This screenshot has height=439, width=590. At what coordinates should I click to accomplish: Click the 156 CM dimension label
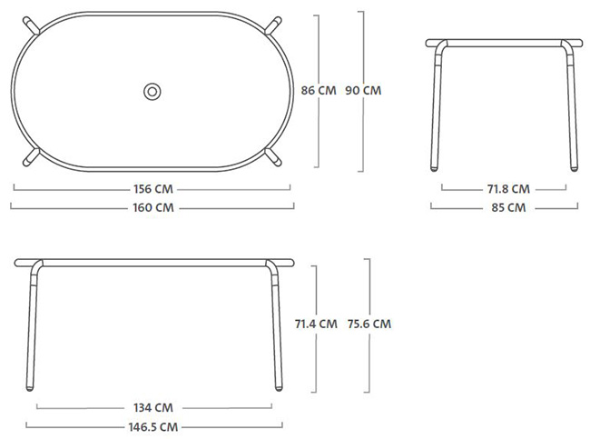point(153,189)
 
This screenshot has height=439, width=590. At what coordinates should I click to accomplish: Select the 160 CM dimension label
point(153,207)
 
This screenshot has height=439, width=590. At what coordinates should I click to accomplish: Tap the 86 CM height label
point(319,91)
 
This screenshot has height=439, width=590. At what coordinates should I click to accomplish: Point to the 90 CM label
point(363,91)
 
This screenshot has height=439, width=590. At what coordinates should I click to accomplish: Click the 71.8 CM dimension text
point(508,189)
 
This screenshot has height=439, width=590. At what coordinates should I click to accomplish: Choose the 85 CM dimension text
point(508,207)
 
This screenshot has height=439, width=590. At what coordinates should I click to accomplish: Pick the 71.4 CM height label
point(316,324)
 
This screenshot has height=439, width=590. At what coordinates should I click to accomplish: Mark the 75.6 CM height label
point(369,324)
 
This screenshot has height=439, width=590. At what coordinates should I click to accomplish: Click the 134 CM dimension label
point(153,408)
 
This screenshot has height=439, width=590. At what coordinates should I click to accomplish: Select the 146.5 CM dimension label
point(153,427)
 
